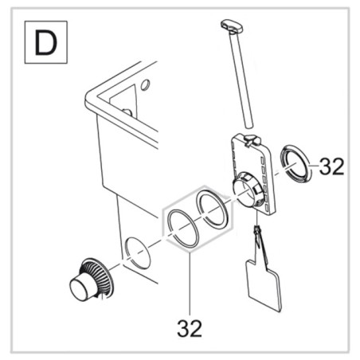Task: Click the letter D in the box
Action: point(46,42)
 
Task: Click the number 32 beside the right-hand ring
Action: point(331,166)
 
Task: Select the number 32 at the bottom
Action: point(190,328)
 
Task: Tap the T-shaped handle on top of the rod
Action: point(232,26)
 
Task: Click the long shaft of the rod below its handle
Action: point(241,80)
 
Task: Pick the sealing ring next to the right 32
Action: point(295,165)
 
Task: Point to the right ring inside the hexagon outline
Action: point(212,209)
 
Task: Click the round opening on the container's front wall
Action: point(138,253)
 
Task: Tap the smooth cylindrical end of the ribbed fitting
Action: point(80,288)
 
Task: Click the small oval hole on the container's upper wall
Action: point(145,84)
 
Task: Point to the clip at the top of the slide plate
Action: point(252,140)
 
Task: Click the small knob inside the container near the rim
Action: point(127,112)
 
